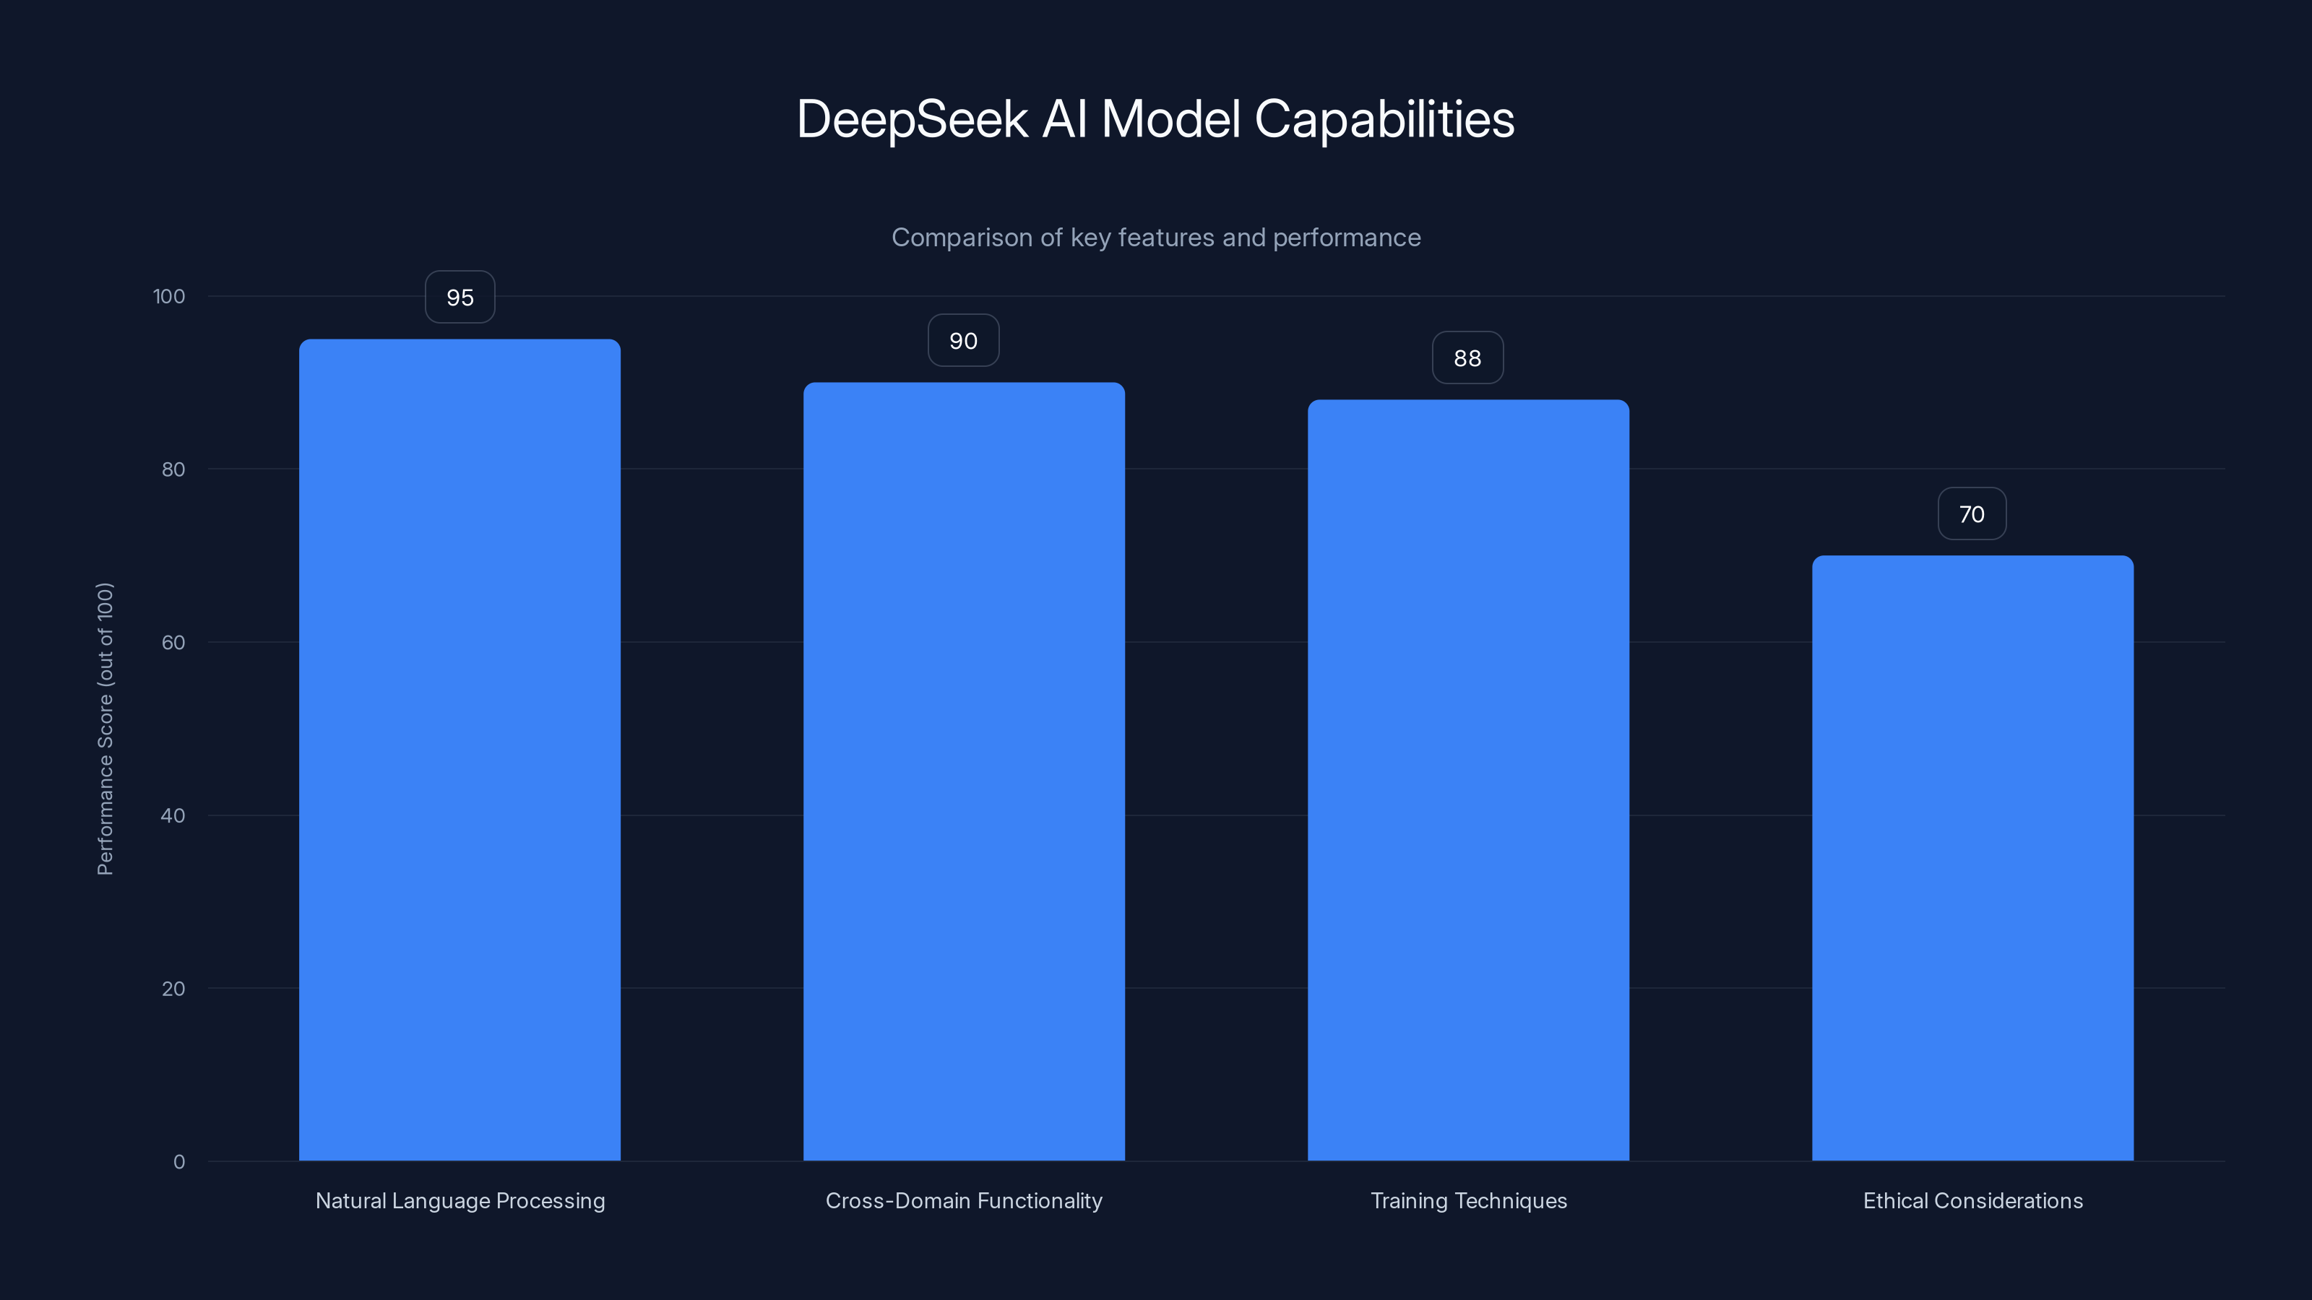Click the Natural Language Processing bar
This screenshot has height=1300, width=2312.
(x=460, y=750)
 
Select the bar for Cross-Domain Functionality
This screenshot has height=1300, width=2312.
(x=964, y=771)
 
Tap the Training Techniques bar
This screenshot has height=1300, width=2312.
(x=1468, y=781)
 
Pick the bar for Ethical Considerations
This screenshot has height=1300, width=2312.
(x=1972, y=858)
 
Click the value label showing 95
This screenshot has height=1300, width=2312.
(x=460, y=297)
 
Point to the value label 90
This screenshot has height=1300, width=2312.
(x=963, y=341)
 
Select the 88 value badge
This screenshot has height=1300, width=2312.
(x=1467, y=358)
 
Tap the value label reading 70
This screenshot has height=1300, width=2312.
(x=1972, y=514)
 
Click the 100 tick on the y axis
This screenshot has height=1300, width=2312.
(x=169, y=296)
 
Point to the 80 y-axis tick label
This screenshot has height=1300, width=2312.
(x=173, y=469)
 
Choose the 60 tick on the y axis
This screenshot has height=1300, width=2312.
(x=173, y=642)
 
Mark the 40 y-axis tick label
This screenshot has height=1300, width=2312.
(x=173, y=815)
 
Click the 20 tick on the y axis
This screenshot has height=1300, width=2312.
(x=173, y=989)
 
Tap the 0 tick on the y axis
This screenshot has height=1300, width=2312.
(x=178, y=1162)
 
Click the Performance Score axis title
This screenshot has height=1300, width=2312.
(x=105, y=729)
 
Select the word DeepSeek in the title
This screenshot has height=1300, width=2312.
(x=912, y=119)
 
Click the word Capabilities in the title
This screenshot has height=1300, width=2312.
(x=1384, y=119)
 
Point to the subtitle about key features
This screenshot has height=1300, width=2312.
(x=1156, y=238)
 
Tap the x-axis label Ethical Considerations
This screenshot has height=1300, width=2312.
(x=1972, y=1200)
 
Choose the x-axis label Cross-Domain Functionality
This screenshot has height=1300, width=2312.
(x=964, y=1200)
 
